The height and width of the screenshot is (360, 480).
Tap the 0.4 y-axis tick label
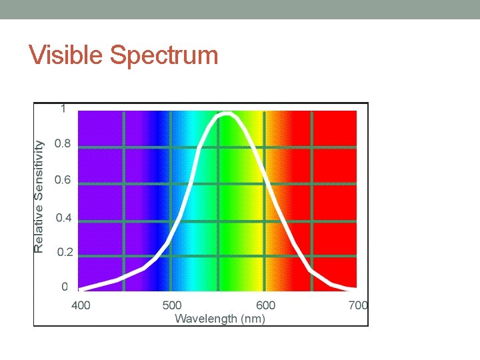pos(64,217)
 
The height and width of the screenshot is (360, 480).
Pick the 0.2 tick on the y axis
pos(65,253)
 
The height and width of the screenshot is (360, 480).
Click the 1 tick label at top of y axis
pos(63,109)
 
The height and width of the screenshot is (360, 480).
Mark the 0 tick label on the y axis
pos(64,287)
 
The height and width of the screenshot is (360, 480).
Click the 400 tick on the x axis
pos(81,306)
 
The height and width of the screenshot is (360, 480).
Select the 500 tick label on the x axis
pos(172,306)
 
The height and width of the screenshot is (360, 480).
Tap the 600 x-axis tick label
pos(265,306)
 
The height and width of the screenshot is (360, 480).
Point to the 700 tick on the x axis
pos(358,306)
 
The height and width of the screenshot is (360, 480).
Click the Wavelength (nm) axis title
pos(219,319)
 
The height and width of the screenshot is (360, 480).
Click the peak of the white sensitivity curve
pos(227,115)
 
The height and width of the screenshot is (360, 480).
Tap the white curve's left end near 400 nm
pos(81,289)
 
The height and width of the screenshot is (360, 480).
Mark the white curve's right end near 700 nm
pos(354,289)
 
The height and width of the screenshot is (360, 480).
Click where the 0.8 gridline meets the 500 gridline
pos(171,147)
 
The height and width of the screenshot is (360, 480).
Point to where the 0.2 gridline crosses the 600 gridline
pos(265,256)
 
